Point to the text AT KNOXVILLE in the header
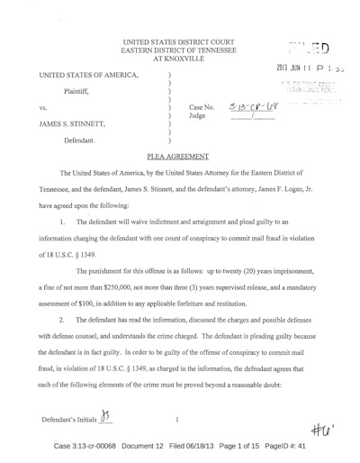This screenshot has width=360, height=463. (178, 54)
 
